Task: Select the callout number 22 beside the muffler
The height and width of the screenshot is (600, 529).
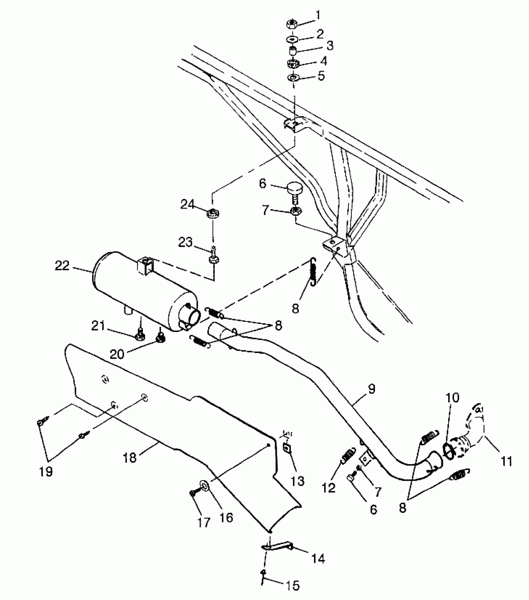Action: coord(62,266)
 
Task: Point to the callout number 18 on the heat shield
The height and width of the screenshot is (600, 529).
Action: coord(130,458)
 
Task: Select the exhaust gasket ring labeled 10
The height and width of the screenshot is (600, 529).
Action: coord(448,450)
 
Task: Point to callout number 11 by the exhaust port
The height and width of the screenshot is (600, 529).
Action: coord(507,461)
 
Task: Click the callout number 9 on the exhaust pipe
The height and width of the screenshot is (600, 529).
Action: coord(371,389)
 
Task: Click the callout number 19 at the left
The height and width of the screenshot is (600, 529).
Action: coord(46,472)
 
